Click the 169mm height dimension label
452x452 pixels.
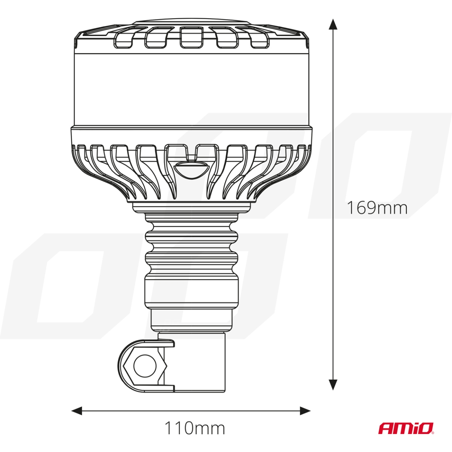tap(377, 208)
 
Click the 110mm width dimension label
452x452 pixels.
tap(194, 428)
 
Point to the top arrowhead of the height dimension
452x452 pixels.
tap(333, 24)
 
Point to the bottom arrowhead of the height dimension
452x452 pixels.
tap(333, 384)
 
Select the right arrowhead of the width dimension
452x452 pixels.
tap(305, 410)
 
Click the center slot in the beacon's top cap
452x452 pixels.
tap(191, 38)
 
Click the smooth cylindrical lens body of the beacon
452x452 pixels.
tap(191, 89)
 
